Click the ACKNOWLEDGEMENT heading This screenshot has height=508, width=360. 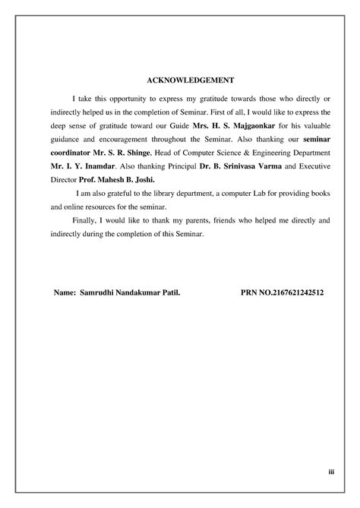click(180, 80)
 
